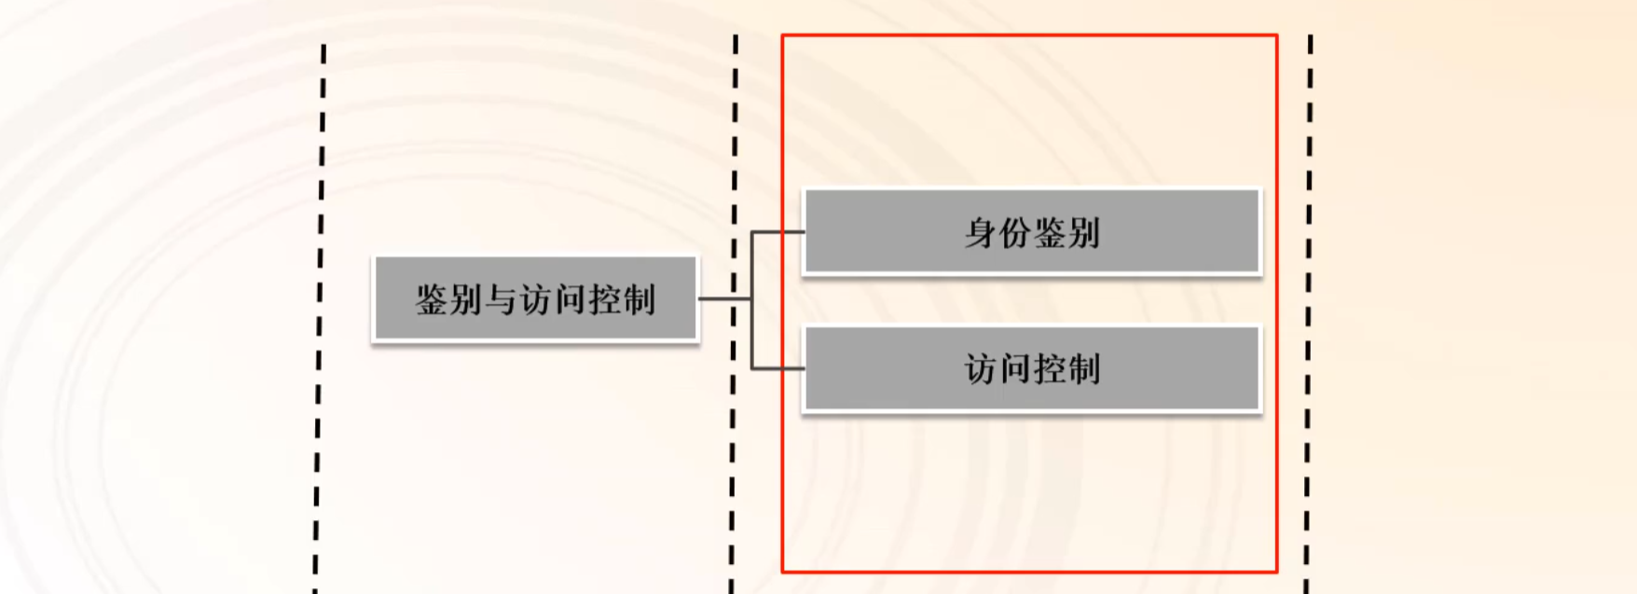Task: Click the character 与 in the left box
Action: pyautogui.click(x=502, y=300)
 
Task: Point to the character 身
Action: pyautogui.click(x=980, y=232)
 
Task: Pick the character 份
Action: pyautogui.click(x=1014, y=232)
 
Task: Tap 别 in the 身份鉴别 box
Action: pyautogui.click(x=1084, y=232)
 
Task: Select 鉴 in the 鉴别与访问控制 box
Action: pyautogui.click(x=433, y=300)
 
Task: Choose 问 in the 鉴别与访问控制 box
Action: pyautogui.click(x=571, y=300)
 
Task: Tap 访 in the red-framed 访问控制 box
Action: pyautogui.click(x=980, y=369)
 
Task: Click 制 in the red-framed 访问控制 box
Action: pyautogui.click(x=1084, y=369)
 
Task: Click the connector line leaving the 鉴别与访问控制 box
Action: pyautogui.click(x=724, y=298)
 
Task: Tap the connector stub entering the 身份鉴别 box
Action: pyautogui.click(x=778, y=231)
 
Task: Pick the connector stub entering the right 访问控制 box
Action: pyautogui.click(x=778, y=368)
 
